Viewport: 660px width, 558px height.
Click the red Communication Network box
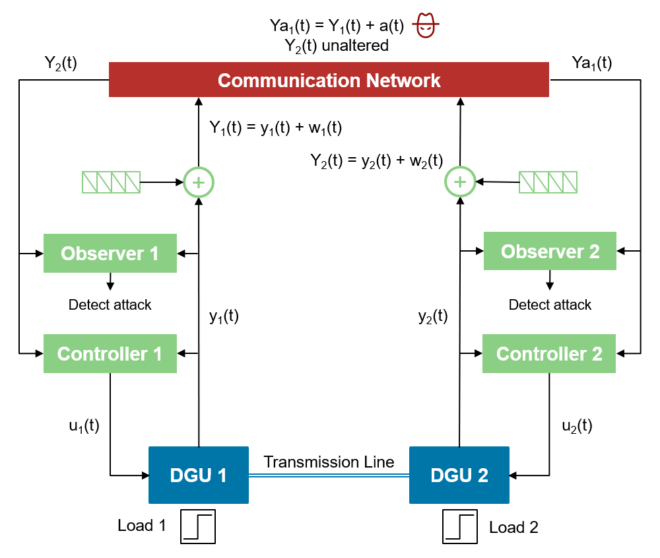coord(329,80)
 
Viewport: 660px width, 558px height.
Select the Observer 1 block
coord(110,253)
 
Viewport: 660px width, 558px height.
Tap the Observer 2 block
coord(550,251)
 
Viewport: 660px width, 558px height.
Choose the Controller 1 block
coord(110,353)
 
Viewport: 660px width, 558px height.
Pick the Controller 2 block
coord(549,353)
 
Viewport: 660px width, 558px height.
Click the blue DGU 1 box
coord(198,475)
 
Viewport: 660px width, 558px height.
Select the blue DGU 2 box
coord(459,475)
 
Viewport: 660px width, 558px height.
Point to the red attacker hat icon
coord(426,26)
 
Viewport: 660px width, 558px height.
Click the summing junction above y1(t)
coord(199,181)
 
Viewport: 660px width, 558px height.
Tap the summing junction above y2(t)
coord(460,181)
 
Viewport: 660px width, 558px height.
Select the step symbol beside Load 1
coord(199,527)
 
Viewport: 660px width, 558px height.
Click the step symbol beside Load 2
coord(460,527)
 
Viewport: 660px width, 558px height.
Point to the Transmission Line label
coord(329,462)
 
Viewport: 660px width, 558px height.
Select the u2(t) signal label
coord(577,426)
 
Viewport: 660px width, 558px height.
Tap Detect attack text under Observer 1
coord(110,304)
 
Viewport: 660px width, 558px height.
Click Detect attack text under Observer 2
coord(550,304)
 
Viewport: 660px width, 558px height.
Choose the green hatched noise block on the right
coord(548,182)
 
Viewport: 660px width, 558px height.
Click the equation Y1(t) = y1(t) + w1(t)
coord(275,127)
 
